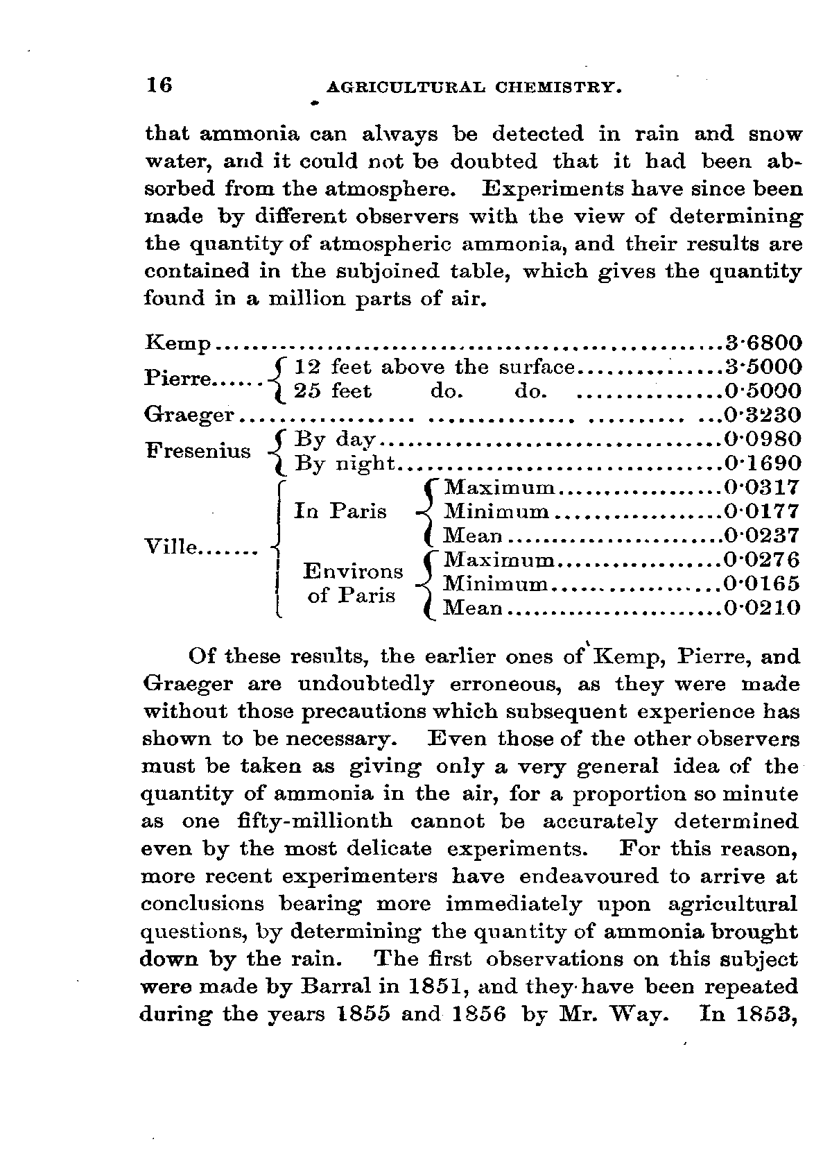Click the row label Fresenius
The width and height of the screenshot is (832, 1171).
click(198, 450)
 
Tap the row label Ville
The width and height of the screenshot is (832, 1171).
click(170, 547)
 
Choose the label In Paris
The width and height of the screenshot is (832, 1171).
click(340, 511)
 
